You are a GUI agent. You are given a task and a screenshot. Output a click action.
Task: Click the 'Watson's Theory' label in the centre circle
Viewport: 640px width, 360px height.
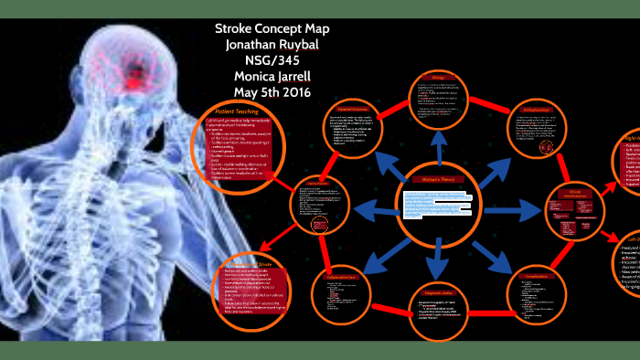click(x=439, y=180)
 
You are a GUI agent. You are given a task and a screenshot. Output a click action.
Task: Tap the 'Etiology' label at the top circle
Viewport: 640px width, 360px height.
click(x=438, y=77)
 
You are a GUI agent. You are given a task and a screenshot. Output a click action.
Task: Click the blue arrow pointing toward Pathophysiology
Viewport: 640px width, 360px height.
click(x=493, y=150)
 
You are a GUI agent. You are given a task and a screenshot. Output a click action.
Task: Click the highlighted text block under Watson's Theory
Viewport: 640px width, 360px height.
click(x=437, y=206)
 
